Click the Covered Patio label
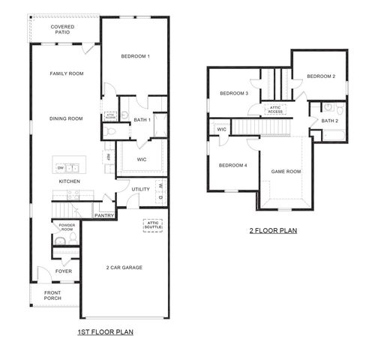click(x=62, y=29)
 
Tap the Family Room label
click(x=66, y=73)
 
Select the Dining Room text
click(x=66, y=118)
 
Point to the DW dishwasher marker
click(x=59, y=167)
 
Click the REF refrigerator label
click(x=109, y=157)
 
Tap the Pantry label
click(x=103, y=215)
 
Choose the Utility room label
click(x=140, y=189)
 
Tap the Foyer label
click(x=63, y=271)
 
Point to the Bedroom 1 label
click(x=136, y=57)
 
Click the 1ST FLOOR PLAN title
click(x=106, y=331)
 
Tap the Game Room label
click(x=286, y=172)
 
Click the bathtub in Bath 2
click(x=330, y=136)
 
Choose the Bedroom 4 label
click(x=232, y=165)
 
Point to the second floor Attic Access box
click(x=275, y=109)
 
